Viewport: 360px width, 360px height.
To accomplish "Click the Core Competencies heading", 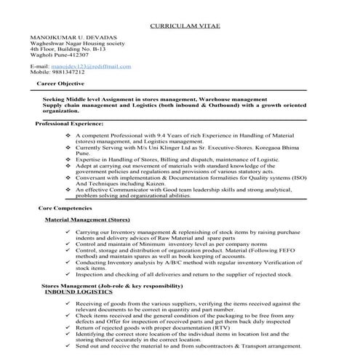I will (x=66, y=208).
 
